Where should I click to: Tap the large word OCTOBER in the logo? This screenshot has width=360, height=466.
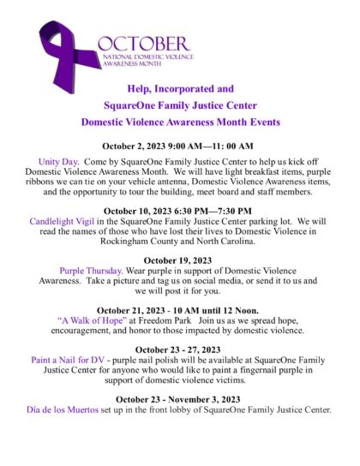(x=143, y=43)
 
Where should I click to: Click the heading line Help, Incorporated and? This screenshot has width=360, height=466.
(x=180, y=88)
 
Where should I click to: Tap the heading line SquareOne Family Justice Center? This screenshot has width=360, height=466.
(x=180, y=105)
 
